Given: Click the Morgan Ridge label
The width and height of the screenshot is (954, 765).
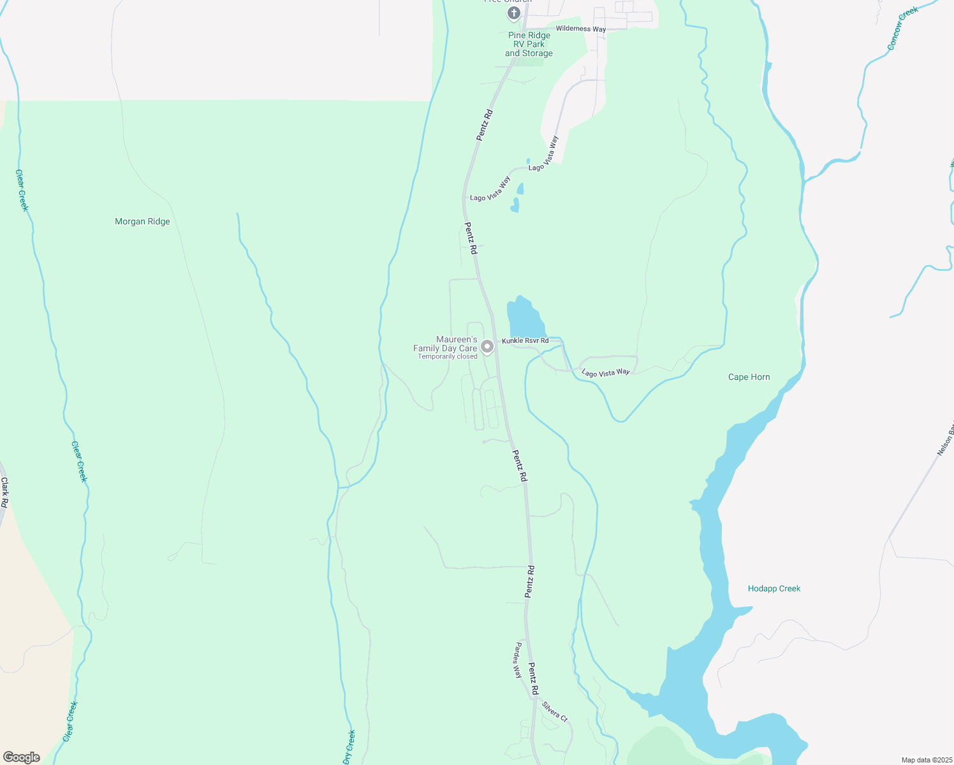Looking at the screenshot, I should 142,222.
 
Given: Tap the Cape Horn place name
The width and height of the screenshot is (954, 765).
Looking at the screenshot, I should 749,377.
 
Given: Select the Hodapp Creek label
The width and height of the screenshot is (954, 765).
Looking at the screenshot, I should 774,589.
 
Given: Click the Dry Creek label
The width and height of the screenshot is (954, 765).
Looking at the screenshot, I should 349,747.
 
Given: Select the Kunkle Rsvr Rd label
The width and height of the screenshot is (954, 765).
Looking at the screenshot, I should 525,341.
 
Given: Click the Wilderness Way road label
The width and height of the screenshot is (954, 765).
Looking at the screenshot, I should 580,29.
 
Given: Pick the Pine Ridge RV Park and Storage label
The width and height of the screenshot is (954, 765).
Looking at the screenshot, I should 529,45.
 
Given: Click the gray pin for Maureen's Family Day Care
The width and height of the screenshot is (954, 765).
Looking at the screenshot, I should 487,347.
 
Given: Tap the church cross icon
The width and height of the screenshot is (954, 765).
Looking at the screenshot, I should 513,12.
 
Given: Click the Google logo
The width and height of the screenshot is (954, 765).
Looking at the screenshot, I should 22,757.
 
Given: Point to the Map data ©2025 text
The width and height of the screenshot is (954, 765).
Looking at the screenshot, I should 926,760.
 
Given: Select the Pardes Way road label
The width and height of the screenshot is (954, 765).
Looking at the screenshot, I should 518,660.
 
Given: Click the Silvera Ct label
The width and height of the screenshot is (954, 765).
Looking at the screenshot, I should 554,711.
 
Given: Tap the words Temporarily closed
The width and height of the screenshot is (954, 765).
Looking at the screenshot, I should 447,357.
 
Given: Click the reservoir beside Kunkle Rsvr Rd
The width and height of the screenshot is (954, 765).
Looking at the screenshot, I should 524,317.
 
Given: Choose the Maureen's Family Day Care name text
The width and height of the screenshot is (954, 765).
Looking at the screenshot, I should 445,344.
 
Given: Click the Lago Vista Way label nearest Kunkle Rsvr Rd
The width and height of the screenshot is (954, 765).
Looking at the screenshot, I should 605,373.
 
